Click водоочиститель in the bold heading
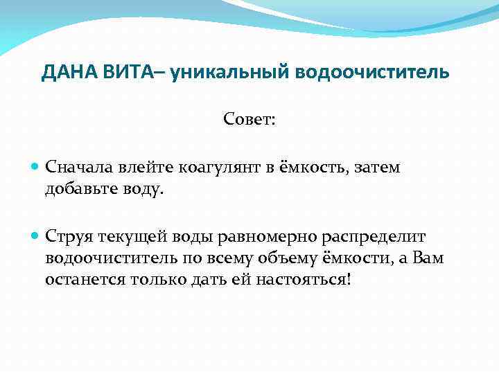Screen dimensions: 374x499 coord(374,73)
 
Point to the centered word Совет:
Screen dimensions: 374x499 coord(249,120)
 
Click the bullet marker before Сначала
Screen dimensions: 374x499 coord(36,168)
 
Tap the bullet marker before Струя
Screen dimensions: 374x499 coord(36,238)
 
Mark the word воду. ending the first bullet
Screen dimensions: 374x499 coord(144,189)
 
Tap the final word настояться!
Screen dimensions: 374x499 coord(313,280)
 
